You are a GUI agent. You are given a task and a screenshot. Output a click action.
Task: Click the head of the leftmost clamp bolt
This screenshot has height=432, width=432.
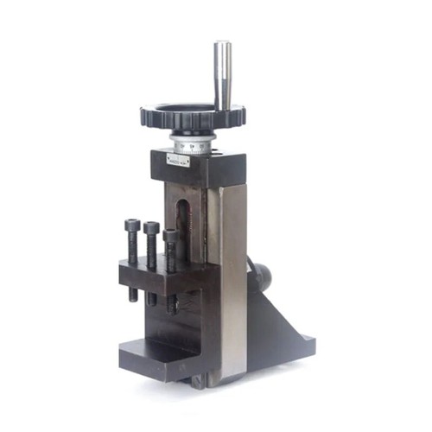click(x=132, y=225)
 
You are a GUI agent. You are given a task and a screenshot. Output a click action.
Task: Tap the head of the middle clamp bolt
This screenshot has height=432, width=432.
click(x=152, y=228)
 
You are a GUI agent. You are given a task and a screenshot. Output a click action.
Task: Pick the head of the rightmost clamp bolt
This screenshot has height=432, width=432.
click(x=170, y=234)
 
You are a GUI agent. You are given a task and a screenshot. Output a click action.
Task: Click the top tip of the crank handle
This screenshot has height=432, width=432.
click(x=223, y=44)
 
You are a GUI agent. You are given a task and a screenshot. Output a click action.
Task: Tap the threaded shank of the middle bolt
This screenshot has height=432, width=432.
click(x=153, y=251)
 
